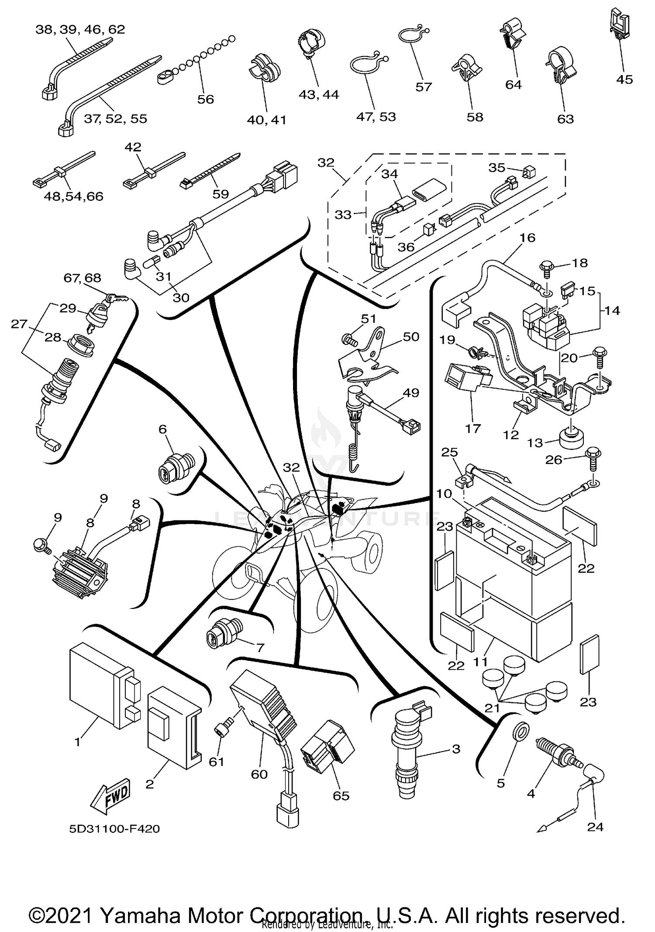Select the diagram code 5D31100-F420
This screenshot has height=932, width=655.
pos(114,829)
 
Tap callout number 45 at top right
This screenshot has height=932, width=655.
pos(624,79)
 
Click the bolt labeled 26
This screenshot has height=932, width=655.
pos(593,458)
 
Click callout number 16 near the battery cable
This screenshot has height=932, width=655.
pos(527,238)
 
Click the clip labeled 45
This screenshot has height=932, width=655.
pos(618,24)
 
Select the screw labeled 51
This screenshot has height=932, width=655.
pos(348,338)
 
